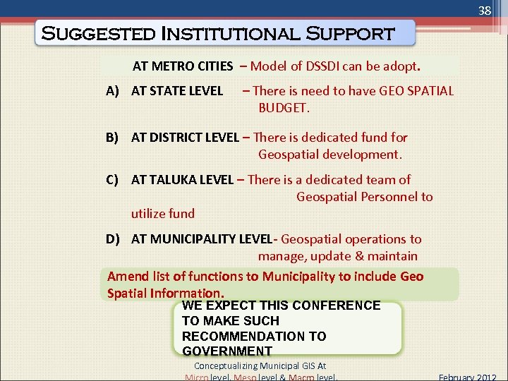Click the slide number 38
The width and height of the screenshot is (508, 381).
(x=484, y=11)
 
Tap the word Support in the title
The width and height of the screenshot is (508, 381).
(x=351, y=33)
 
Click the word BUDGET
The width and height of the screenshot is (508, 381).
(x=284, y=107)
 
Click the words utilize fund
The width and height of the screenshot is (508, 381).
(x=162, y=213)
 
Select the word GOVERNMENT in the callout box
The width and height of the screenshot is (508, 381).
(x=226, y=351)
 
